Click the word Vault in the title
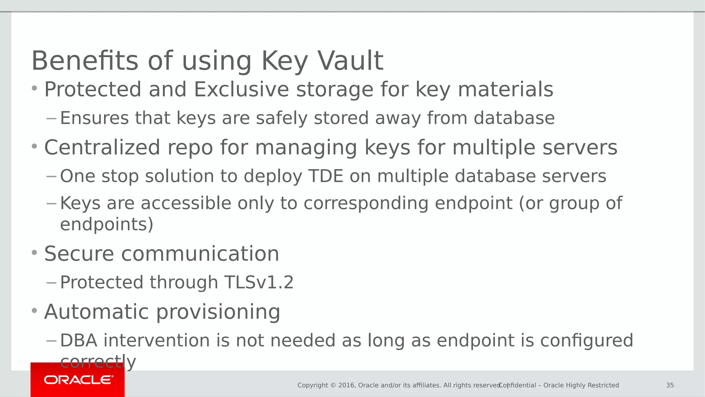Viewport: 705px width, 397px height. coord(350,61)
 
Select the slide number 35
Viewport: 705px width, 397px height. coord(670,385)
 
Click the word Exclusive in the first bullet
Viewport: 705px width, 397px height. coord(241,90)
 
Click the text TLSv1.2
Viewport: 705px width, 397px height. coord(259,283)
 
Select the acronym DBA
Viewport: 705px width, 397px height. coord(78,340)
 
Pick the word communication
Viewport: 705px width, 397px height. coord(200,254)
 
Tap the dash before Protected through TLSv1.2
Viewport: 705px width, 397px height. coord(51,283)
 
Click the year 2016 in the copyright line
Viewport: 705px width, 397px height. coord(346,385)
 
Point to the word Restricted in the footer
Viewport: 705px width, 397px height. coord(603,385)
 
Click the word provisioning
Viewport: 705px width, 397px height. coord(218,312)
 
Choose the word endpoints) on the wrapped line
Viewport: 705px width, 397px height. coord(106,224)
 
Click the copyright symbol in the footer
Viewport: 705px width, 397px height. coord(333,385)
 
